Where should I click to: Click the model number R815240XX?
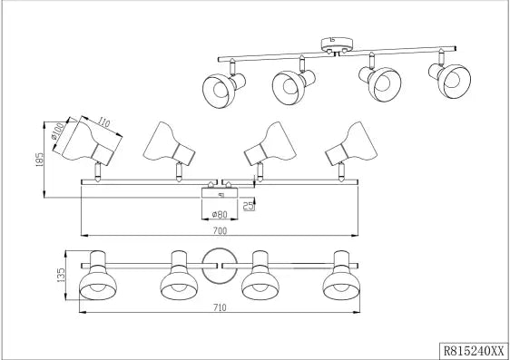(474, 351)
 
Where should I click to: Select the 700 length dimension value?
(220, 231)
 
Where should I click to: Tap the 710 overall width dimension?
(220, 307)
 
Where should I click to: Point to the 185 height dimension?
(39, 160)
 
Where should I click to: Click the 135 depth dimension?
(61, 275)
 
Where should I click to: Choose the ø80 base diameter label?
(220, 214)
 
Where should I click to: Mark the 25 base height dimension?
(249, 205)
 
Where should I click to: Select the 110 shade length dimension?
(103, 122)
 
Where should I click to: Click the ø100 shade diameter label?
(58, 131)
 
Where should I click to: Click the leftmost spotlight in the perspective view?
(223, 85)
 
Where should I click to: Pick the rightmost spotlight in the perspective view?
(450, 77)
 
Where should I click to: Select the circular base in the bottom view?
(220, 266)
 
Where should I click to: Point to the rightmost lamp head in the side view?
(351, 143)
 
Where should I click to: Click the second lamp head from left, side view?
(169, 143)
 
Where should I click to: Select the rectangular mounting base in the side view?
(220, 192)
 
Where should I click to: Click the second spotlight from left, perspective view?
(294, 83)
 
